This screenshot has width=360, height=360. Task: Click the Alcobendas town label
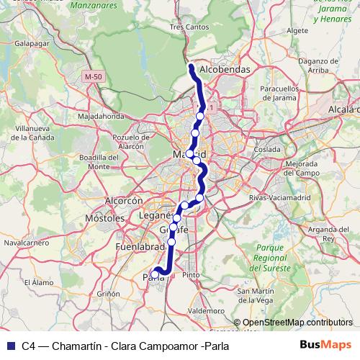coord(224,70)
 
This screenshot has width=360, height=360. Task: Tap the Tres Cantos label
coord(187,27)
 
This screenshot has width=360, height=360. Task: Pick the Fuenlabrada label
coord(140,247)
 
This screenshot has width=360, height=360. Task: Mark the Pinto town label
coord(191,275)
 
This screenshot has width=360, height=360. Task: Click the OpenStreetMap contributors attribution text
coord(297,323)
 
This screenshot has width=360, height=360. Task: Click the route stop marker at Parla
coord(155,274)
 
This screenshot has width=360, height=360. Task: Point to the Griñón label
coord(108,294)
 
